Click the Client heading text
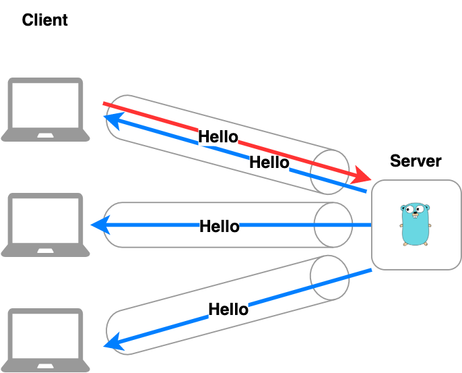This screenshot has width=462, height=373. pos(44,20)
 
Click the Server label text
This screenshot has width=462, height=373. pos(416,161)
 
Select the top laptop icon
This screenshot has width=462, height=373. pos(45,109)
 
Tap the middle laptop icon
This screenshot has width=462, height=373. pos(45,225)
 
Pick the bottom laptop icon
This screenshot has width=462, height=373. pos(45,340)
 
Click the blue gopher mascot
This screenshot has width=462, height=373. pos(415,225)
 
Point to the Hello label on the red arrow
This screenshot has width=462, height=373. pos(218,137)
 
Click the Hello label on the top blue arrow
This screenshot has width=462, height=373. pos(269,163)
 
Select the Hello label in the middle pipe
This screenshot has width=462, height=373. pos(219,226)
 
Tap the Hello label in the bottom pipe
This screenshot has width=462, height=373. pos(228,310)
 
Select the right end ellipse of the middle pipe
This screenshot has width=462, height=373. pos(333,225)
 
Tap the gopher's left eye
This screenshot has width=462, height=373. pos(409,209)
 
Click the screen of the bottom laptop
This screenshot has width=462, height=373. pos(45,335)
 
